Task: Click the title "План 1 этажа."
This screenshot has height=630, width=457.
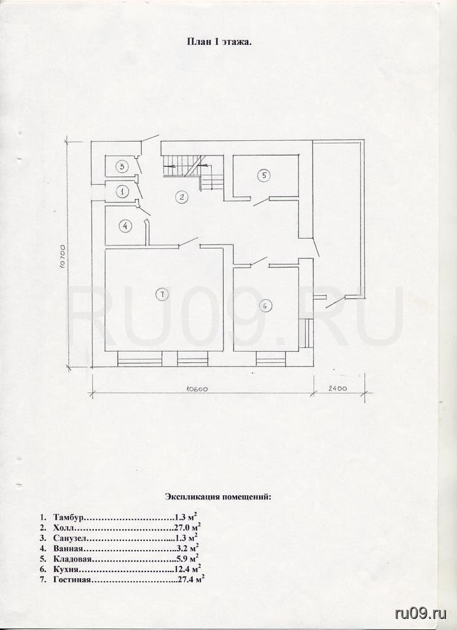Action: [219, 42]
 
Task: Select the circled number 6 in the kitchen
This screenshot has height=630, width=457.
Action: [265, 306]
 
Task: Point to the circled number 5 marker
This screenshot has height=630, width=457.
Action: [264, 175]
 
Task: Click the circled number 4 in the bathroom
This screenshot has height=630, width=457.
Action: [125, 226]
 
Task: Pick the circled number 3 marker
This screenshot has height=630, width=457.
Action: [122, 166]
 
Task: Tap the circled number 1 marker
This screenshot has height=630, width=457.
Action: [122, 192]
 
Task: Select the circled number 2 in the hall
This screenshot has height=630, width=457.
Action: [182, 197]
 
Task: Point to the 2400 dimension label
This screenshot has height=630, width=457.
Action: [337, 388]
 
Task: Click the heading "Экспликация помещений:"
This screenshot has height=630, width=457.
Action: [218, 496]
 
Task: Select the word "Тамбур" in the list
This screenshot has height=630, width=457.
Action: [68, 517]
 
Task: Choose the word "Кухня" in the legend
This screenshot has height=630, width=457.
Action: [65, 569]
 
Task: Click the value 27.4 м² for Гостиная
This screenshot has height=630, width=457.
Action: [192, 580]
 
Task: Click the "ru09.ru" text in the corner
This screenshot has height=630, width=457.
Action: [421, 613]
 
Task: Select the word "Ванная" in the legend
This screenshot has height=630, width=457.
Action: [68, 548]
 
